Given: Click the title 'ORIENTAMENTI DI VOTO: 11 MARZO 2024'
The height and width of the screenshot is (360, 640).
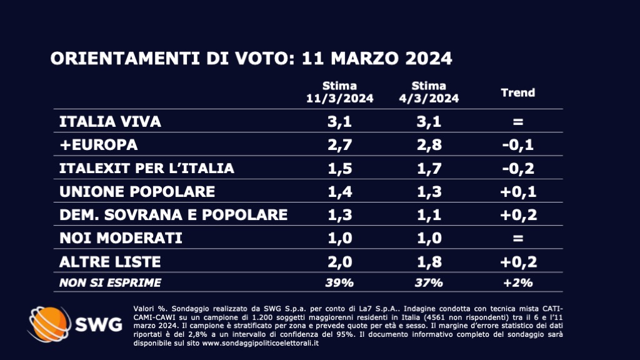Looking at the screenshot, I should [x=251, y=59].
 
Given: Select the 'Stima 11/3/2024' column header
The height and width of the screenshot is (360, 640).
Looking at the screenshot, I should [x=339, y=92].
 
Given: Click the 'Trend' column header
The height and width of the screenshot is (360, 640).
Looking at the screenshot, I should [x=518, y=92].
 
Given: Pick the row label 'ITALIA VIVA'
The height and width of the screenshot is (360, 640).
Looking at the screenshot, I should [x=110, y=121].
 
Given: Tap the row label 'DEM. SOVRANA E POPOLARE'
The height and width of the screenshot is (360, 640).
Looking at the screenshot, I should [x=173, y=214].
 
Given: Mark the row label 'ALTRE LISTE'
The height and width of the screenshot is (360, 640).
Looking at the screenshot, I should [x=110, y=261].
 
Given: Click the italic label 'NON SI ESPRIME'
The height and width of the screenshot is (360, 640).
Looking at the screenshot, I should [x=109, y=282].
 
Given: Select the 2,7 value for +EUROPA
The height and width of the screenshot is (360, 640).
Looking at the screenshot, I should [x=339, y=145].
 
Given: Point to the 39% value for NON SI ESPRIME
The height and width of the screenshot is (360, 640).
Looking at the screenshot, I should [x=339, y=282].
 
